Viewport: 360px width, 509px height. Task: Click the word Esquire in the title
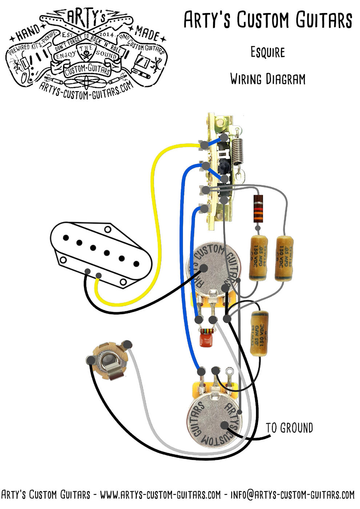(x=268, y=52)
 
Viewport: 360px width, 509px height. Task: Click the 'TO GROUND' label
(x=289, y=428)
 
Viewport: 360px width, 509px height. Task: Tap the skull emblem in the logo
(x=86, y=55)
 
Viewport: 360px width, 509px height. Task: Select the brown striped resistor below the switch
(x=258, y=209)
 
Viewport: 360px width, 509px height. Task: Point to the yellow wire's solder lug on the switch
(x=204, y=145)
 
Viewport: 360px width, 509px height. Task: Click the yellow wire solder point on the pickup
(x=99, y=275)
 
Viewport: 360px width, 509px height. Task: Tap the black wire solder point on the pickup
(x=88, y=272)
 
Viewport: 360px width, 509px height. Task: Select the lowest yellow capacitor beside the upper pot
(x=259, y=333)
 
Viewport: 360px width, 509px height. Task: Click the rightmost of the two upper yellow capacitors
(x=284, y=258)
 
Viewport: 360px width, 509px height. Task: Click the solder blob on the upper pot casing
(x=203, y=269)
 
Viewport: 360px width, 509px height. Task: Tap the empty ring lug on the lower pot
(x=229, y=372)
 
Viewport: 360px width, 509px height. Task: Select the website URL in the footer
(x=160, y=495)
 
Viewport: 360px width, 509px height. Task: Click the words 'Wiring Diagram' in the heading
(x=268, y=79)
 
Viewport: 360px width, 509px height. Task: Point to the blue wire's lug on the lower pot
(x=201, y=371)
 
